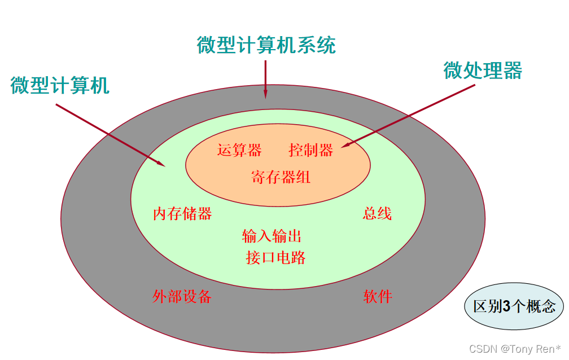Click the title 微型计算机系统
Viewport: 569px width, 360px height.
pyautogui.click(x=266, y=45)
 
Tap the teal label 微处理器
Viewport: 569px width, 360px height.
pyautogui.click(x=483, y=71)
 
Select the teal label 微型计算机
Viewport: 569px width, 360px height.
pyautogui.click(x=59, y=85)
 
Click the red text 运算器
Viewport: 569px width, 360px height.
pyautogui.click(x=239, y=150)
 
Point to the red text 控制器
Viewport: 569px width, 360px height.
pyautogui.click(x=311, y=150)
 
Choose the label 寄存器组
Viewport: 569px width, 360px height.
pyautogui.click(x=281, y=177)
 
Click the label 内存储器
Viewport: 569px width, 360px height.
pyautogui.click(x=182, y=214)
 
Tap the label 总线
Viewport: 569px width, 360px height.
pyautogui.click(x=377, y=214)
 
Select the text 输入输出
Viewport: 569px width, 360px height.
pyautogui.click(x=272, y=236)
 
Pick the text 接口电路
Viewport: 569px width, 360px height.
pyautogui.click(x=276, y=258)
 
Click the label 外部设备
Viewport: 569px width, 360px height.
pyautogui.click(x=182, y=296)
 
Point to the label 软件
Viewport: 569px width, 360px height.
pyautogui.click(x=378, y=296)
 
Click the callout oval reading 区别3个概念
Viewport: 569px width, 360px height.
pyautogui.click(x=514, y=306)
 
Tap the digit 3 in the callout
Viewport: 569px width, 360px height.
pyautogui.click(x=506, y=306)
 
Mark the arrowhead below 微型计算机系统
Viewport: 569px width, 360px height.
pyautogui.click(x=265, y=94)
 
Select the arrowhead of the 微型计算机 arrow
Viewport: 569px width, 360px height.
pyautogui.click(x=161, y=164)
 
